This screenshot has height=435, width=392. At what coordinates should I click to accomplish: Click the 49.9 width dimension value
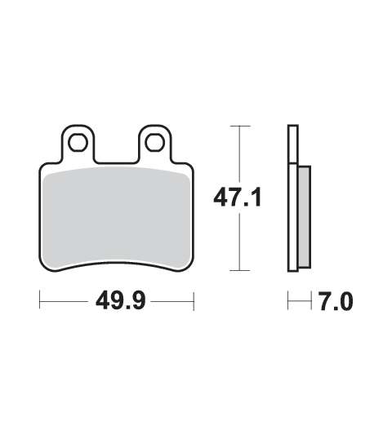(x=121, y=301)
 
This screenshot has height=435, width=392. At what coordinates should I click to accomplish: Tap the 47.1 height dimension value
(x=238, y=198)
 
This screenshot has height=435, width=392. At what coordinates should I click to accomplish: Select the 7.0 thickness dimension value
(x=336, y=301)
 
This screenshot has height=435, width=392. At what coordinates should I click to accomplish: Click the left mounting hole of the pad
(x=78, y=143)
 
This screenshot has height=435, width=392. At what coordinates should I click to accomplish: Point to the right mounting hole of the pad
(x=155, y=143)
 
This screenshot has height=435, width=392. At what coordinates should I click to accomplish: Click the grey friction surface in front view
(x=117, y=216)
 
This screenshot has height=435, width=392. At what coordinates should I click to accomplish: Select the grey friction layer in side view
(x=305, y=216)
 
